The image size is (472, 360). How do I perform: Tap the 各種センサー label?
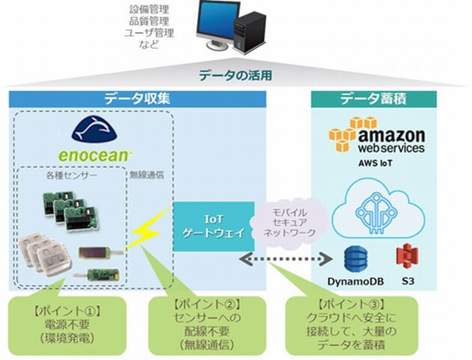pyautogui.click(x=65, y=181)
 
